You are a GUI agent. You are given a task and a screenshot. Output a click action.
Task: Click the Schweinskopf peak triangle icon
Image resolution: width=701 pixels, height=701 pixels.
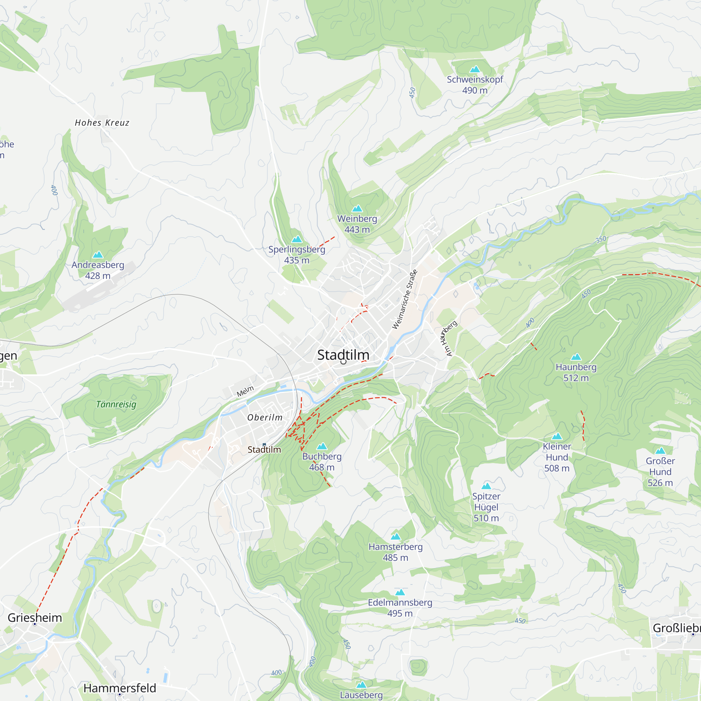475,69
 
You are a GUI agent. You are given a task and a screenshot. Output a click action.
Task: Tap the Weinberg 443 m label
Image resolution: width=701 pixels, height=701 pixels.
357,224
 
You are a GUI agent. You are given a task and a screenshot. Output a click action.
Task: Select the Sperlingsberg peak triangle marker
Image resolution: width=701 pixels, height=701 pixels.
297,239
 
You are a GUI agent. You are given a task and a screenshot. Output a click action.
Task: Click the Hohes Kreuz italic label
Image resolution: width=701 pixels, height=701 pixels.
102,123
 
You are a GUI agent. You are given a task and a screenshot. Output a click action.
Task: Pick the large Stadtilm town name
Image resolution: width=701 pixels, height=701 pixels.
343,355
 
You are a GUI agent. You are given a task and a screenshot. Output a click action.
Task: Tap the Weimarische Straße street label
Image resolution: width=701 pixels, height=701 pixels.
404,299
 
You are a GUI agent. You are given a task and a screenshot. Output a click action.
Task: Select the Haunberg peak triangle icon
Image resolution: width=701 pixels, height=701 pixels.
576,357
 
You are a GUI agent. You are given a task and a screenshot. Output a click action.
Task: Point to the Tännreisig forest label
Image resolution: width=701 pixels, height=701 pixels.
116,404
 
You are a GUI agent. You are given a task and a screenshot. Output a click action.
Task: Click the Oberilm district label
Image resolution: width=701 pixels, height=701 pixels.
265,417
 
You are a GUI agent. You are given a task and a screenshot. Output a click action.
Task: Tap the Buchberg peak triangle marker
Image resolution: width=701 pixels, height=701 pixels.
322,446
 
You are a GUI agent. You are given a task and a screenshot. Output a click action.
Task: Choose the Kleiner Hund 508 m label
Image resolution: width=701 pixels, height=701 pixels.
557,457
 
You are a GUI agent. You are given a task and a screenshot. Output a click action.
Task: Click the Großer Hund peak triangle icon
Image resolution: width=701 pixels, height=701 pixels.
660,451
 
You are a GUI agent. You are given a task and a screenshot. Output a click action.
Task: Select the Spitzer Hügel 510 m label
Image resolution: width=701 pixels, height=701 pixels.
486,507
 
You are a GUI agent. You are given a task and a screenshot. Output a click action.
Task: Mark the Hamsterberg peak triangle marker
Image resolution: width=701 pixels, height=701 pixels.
395,537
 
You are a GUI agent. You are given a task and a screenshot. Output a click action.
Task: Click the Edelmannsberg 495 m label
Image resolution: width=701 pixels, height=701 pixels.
400,608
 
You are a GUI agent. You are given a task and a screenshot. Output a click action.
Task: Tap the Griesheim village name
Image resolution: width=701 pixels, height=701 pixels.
35,618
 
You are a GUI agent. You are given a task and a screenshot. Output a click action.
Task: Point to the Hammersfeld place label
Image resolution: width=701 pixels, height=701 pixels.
120,688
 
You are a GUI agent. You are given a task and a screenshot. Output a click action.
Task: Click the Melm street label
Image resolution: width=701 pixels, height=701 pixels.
245,391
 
